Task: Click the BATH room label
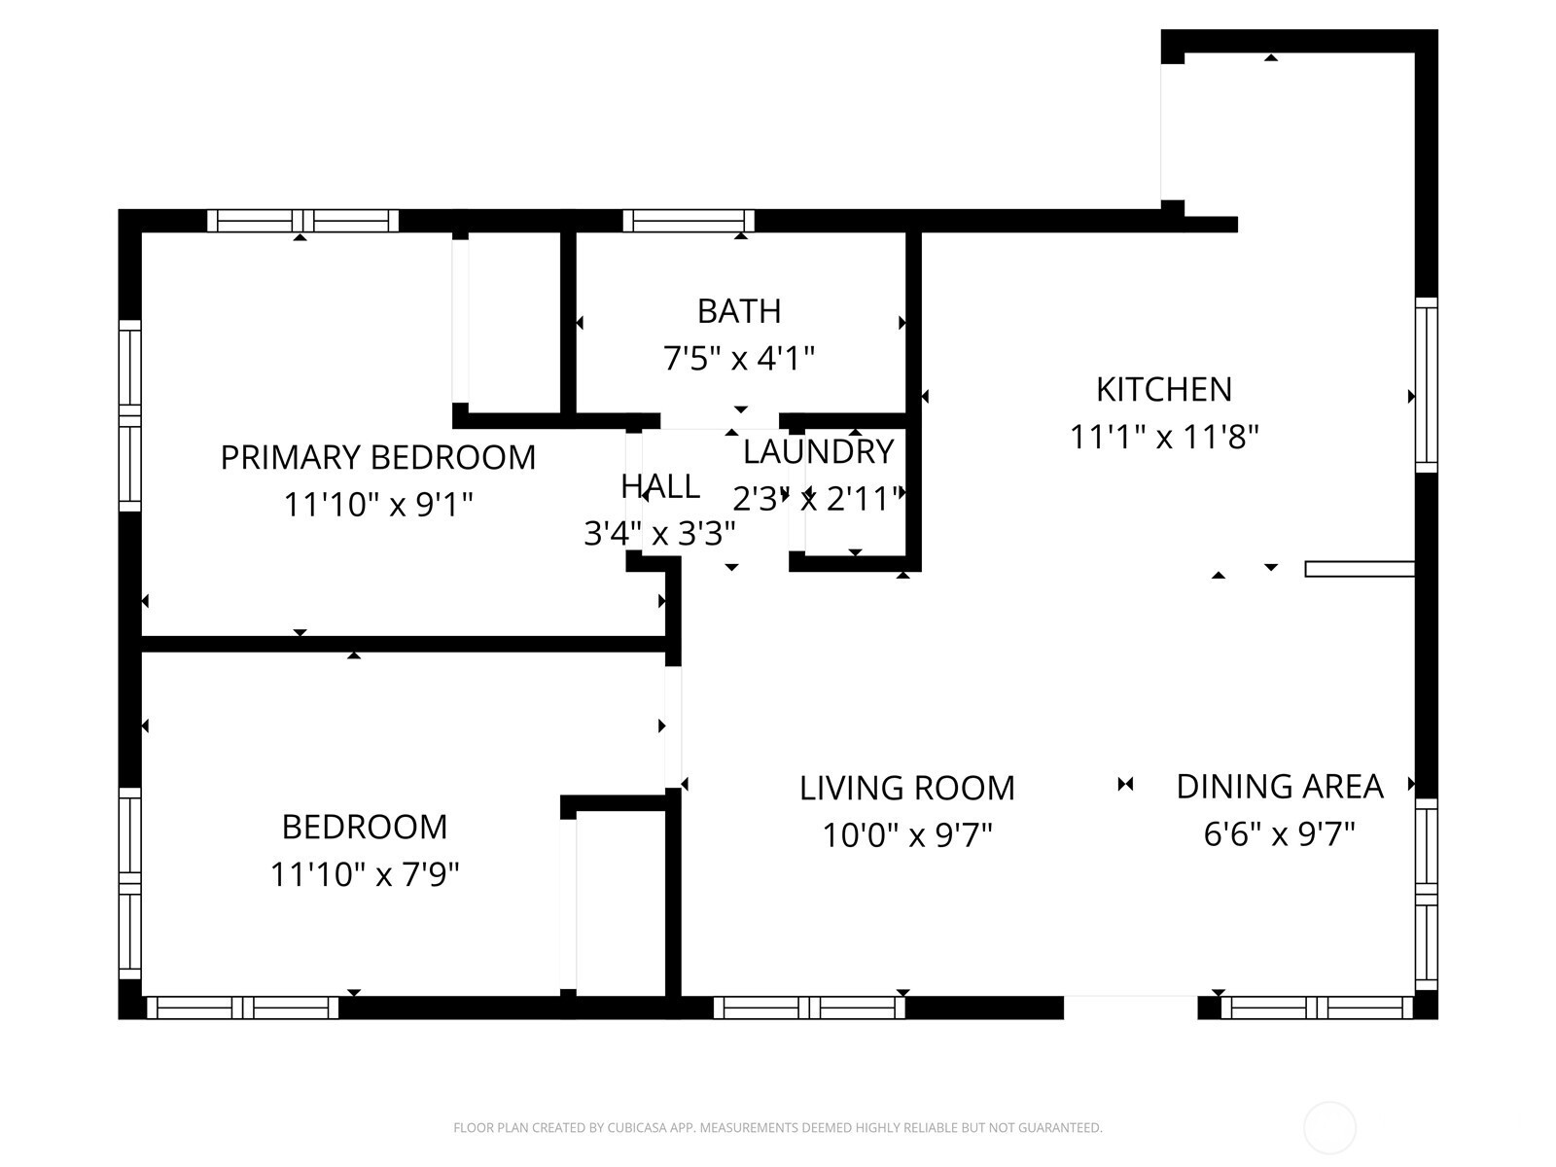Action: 739,311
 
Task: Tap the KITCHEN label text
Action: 1164,390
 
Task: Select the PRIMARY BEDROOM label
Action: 378,458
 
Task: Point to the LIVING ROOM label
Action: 907,789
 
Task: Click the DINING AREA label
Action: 1280,787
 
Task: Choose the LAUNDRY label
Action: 819,452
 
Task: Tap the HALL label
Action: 660,487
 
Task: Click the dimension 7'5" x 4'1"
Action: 739,359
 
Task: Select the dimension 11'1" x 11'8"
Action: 1164,438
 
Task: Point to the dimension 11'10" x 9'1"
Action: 378,505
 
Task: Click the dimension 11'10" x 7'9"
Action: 365,875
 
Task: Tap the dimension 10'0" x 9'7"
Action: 907,836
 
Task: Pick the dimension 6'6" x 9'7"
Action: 1280,834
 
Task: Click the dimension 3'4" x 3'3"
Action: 659,534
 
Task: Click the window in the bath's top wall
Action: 689,221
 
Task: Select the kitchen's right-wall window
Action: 1427,385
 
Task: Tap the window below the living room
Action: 809,1008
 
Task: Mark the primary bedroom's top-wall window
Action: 302,221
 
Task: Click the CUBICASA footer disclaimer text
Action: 778,1127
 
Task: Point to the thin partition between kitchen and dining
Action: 1360,569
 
